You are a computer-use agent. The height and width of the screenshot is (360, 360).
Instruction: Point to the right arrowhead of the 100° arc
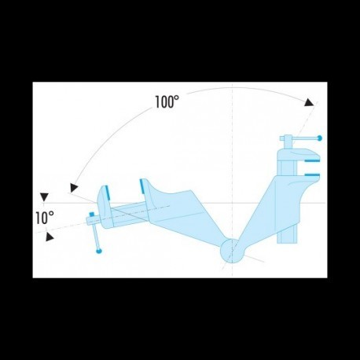point(309,103)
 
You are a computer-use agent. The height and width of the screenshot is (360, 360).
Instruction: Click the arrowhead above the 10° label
point(45,197)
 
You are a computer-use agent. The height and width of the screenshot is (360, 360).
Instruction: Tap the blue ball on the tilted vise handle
point(99,251)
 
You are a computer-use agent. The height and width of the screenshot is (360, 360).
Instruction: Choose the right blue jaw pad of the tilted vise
point(142,186)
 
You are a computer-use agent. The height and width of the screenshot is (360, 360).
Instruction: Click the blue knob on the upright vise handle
point(318,138)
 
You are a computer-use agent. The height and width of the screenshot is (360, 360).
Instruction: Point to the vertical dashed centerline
point(232,157)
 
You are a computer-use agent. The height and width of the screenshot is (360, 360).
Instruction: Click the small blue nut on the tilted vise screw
point(92,214)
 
